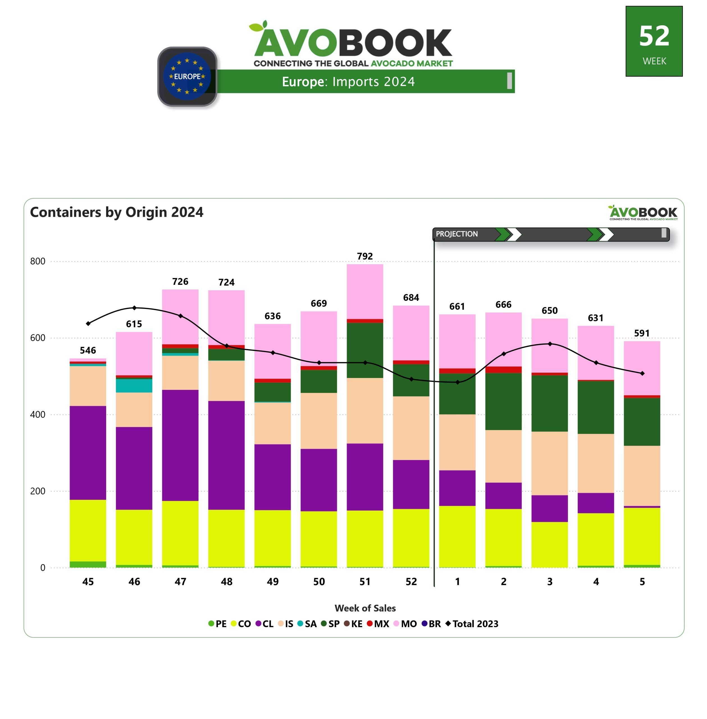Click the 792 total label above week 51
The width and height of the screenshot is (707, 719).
click(x=365, y=256)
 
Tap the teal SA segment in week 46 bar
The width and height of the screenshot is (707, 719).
click(x=134, y=386)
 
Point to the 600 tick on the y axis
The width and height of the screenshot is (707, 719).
click(x=38, y=338)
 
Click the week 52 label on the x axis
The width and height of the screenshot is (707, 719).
click(x=411, y=582)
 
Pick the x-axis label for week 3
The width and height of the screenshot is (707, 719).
click(x=549, y=582)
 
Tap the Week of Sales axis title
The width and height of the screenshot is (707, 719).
click(x=365, y=608)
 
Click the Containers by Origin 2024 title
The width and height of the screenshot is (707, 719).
click(x=117, y=212)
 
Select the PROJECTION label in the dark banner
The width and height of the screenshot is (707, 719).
click(x=457, y=234)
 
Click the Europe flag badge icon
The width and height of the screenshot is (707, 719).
click(x=187, y=76)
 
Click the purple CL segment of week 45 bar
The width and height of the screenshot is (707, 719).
click(x=88, y=453)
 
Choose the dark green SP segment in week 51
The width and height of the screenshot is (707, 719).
click(x=365, y=350)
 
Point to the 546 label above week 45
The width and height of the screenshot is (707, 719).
click(x=88, y=350)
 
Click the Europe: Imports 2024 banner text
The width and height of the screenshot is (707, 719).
click(x=348, y=81)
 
